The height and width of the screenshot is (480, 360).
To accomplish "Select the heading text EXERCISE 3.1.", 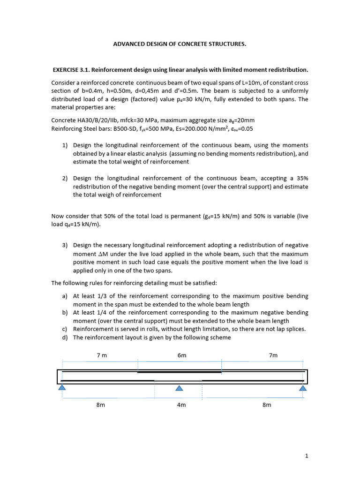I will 71,70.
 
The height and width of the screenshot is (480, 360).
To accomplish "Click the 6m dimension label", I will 182,355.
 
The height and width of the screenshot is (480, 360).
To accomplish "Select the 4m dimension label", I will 181,405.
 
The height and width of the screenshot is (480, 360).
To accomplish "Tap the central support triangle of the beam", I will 179,388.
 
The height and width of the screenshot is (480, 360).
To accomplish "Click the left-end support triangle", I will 62,388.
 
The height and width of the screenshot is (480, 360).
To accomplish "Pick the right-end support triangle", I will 303,388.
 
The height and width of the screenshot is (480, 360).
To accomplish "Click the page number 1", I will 307,455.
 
